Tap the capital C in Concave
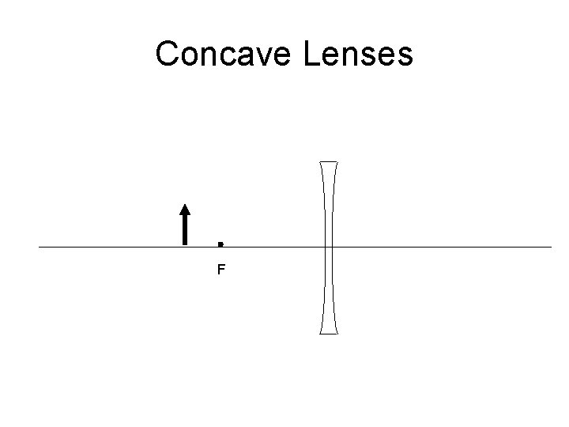[x=168, y=55]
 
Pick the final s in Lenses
[x=405, y=58]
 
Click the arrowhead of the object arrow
[x=185, y=210]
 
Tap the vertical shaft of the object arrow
[x=185, y=229]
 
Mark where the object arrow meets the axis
[x=185, y=246]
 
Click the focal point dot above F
[x=220, y=242]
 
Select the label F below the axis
[x=221, y=270]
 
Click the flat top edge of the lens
[x=329, y=162]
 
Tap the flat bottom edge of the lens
[x=329, y=333]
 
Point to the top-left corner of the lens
[x=320, y=162]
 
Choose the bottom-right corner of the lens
[x=338, y=333]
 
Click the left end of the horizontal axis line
[x=40, y=247]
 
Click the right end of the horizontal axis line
[x=551, y=247]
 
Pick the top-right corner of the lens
[x=338, y=162]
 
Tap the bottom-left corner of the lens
[x=320, y=333]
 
